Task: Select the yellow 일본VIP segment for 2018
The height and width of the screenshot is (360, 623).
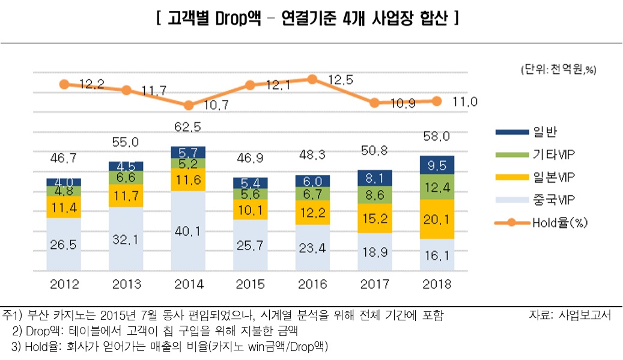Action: click(437, 219)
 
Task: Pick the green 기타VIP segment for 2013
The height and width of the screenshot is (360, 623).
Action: click(126, 177)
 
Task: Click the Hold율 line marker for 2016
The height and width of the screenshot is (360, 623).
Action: click(312, 79)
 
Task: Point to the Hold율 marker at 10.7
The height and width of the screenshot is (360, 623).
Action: click(189, 105)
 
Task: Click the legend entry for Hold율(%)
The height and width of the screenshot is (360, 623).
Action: click(559, 222)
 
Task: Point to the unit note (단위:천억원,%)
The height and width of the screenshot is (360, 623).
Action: click(558, 70)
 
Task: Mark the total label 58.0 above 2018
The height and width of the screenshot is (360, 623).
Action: click(437, 138)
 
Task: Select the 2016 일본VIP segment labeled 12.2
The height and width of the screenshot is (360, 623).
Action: click(312, 213)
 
